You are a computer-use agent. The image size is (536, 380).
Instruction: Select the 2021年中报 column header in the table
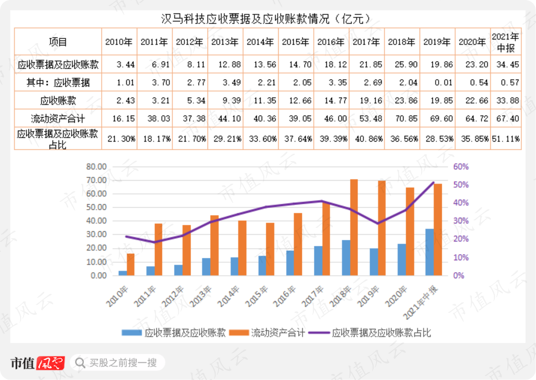click(506, 42)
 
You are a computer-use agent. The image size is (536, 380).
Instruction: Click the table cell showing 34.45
click(506, 65)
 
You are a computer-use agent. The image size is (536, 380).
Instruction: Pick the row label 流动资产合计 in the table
click(58, 119)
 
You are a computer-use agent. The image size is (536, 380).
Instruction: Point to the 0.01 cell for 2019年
click(436, 82)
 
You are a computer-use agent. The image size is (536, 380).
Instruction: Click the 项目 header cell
click(58, 42)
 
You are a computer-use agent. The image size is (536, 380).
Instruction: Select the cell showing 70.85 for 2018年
click(401, 119)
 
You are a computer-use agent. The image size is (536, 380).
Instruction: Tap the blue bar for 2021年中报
click(430, 252)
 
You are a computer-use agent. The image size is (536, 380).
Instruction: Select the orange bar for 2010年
click(130, 264)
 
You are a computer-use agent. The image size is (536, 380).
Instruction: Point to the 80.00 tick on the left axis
click(97, 166)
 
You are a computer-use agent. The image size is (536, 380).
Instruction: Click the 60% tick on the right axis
click(461, 166)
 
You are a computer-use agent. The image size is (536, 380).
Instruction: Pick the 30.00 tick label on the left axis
click(97, 234)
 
